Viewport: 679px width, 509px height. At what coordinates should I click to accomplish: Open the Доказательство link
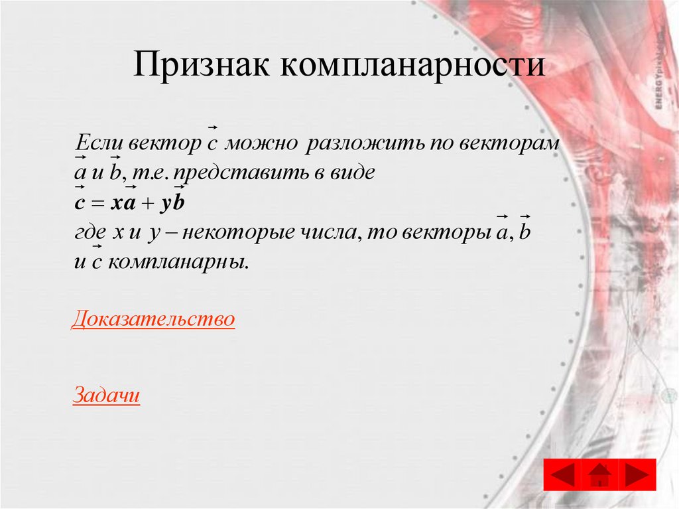pos(153,319)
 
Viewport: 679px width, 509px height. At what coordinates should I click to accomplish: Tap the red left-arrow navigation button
pos(562,474)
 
